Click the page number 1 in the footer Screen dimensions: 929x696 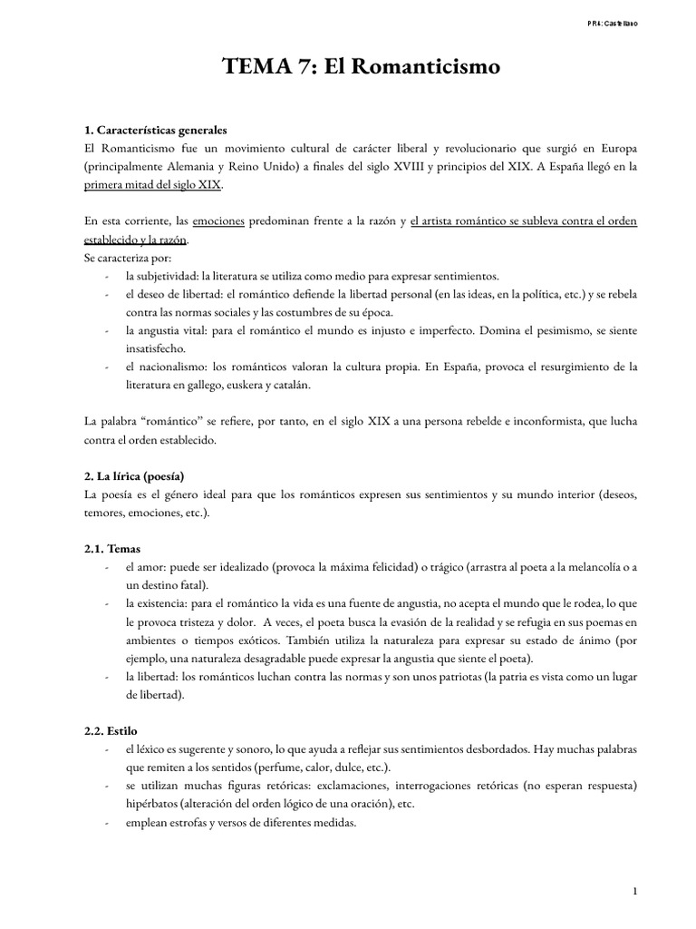coord(635,893)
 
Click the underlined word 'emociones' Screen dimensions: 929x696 coord(218,221)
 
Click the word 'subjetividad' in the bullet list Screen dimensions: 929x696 coord(168,276)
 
